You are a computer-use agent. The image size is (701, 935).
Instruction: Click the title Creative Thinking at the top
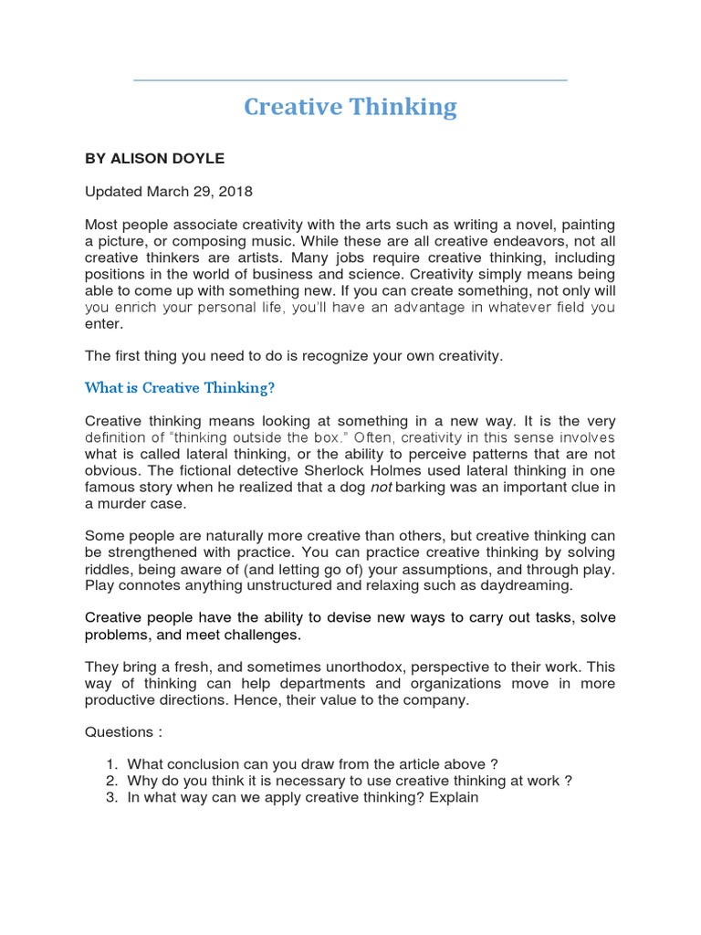(x=350, y=108)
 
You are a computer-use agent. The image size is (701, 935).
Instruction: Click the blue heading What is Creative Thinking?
(x=180, y=388)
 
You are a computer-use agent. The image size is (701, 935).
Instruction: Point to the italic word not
(x=381, y=488)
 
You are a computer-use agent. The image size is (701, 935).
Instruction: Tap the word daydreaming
(x=527, y=585)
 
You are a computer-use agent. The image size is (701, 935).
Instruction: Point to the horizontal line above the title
(x=350, y=80)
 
